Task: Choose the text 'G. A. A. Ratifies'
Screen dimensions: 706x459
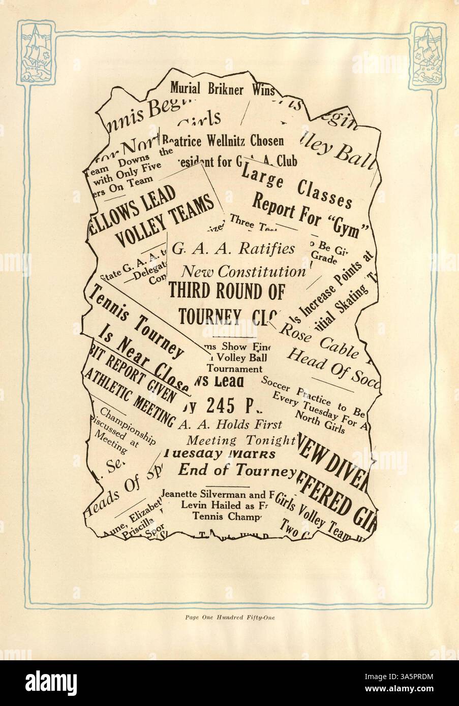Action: point(233,249)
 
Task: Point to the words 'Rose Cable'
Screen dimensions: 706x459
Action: point(310,338)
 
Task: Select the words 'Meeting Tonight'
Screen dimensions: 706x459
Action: point(241,439)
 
